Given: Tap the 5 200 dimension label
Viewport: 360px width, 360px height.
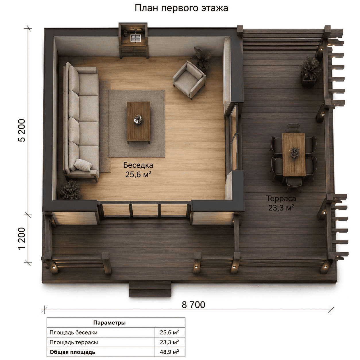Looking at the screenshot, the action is click(22, 130).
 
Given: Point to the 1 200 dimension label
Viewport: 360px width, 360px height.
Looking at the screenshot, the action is click(22, 238).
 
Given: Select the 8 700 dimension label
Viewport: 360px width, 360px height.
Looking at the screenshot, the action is click(193, 305).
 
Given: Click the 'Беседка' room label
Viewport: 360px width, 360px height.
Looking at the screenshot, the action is click(138, 165).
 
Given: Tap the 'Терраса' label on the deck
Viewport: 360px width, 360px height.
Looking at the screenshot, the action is click(281, 198).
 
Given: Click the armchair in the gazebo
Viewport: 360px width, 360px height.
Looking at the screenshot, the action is click(189, 80).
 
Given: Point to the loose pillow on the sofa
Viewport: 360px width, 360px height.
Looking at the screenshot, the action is click(83, 165).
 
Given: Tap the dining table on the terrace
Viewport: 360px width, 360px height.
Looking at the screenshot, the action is click(294, 154).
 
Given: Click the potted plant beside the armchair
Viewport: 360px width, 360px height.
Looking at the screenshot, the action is click(202, 58).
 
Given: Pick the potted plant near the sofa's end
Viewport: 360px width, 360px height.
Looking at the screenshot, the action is click(70, 190).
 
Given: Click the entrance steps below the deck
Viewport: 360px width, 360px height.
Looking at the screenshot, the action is click(150, 289).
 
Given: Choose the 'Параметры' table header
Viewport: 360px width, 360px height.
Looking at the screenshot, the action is click(109, 323).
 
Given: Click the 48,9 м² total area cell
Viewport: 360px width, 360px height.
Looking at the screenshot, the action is click(169, 352).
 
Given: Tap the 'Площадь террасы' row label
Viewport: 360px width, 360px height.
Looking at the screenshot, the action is click(73, 342).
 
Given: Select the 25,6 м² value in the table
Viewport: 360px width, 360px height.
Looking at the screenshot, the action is click(169, 332).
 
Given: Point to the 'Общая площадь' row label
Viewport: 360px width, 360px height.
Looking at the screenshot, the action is click(72, 352).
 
